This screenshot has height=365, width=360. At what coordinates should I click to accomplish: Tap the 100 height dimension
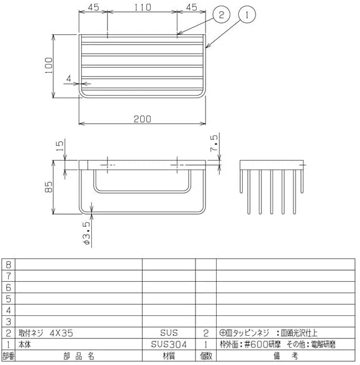48,65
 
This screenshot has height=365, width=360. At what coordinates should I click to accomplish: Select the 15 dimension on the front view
59,148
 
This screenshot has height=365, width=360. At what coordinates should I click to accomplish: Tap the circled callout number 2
222,14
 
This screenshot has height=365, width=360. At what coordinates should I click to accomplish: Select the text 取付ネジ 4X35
46,333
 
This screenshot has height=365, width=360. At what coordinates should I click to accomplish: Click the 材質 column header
168,356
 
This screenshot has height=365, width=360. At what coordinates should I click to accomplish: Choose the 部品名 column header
78,356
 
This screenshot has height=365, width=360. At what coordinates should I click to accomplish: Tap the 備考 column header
286,356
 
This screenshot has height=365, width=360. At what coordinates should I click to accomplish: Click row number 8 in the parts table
8,264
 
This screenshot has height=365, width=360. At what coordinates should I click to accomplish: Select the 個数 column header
205,356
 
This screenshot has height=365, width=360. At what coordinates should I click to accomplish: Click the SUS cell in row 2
168,333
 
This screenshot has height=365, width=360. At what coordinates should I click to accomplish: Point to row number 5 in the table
8,299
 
